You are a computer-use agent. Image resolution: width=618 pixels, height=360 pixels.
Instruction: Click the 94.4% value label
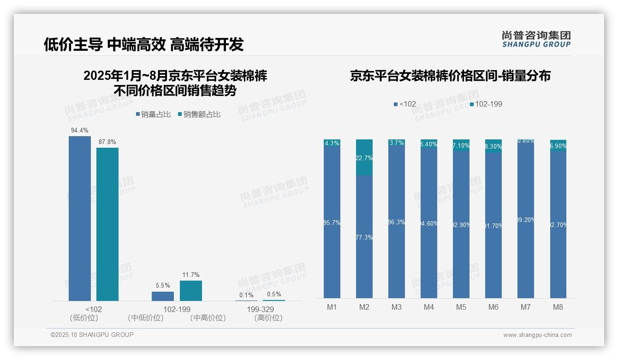pos(80,131)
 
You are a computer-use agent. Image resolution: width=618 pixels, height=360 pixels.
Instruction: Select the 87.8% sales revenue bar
pos(107,224)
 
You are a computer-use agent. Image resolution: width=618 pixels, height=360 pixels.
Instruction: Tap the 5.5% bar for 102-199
pos(163,296)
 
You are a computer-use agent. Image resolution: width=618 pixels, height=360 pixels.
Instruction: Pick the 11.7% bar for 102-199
pos(190,290)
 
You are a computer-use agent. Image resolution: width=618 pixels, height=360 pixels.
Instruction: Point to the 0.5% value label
pos(274,294)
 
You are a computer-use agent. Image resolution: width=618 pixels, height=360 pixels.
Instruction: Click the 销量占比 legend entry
pos(154,114)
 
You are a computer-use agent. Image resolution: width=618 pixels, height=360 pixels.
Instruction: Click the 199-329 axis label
pos(261,309)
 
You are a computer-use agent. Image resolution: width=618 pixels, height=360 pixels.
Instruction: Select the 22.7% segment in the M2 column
pos(364,157)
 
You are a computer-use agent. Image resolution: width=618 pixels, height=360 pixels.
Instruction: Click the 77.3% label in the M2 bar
pos(364,237)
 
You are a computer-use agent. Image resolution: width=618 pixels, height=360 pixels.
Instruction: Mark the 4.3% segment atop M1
pos(332,143)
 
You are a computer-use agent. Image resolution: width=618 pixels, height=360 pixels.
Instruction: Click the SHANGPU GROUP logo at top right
pos(536,39)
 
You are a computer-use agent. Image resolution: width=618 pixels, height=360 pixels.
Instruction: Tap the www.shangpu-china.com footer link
pos(537,335)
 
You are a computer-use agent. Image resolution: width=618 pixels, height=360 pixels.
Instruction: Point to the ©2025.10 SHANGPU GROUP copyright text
pos(92,335)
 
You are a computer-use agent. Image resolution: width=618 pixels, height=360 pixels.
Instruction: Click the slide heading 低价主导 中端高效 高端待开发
pos(143,44)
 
